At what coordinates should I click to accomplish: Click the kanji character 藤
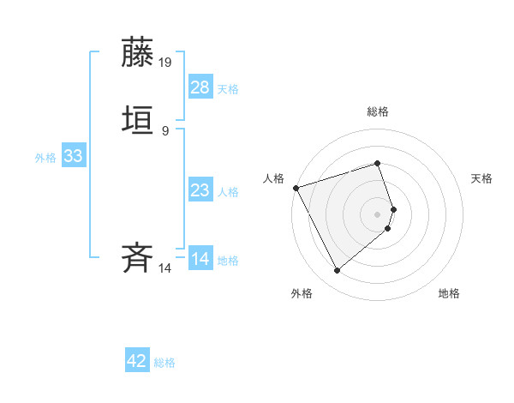pyautogui.click(x=138, y=52)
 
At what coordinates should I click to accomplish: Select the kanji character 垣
pyautogui.click(x=138, y=120)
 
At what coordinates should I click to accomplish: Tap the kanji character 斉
pyautogui.click(x=138, y=258)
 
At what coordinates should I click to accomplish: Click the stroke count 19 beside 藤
pyautogui.click(x=165, y=63)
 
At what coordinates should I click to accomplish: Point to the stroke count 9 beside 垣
pyautogui.click(x=164, y=130)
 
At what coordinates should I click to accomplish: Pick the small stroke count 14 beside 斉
pyautogui.click(x=164, y=268)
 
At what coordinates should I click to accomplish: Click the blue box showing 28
pyautogui.click(x=200, y=87)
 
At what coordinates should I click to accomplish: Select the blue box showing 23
pyautogui.click(x=200, y=190)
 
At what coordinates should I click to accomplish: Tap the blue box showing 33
pyautogui.click(x=73, y=156)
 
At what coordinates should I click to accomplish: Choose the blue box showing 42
pyautogui.click(x=137, y=361)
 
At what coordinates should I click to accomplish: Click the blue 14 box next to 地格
pyautogui.click(x=200, y=259)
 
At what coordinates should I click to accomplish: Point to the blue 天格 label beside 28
pyautogui.click(x=228, y=89)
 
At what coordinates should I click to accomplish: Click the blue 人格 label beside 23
pyautogui.click(x=228, y=192)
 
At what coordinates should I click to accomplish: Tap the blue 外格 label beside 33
pyautogui.click(x=45, y=158)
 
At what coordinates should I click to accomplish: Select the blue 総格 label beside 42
pyautogui.click(x=164, y=363)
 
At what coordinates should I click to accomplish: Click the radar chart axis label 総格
pyautogui.click(x=378, y=111)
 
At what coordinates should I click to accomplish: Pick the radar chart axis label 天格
pyautogui.click(x=482, y=178)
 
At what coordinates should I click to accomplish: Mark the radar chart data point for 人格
pyautogui.click(x=296, y=188)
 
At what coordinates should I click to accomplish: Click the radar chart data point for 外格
pyautogui.click(x=337, y=271)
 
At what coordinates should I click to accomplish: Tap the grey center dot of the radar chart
pyautogui.click(x=378, y=214)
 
